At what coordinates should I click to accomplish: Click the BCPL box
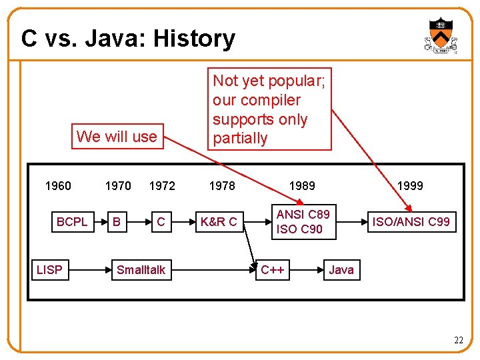71,221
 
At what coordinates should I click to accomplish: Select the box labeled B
117,221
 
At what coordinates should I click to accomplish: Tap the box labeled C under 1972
161,221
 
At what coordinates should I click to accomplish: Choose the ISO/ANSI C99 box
411,221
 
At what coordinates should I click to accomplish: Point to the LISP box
49,270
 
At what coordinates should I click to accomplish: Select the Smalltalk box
141,270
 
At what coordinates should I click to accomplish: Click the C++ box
273,270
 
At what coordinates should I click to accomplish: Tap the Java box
341,270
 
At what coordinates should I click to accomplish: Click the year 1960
57,186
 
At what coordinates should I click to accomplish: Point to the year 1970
118,186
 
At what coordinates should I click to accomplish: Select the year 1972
162,186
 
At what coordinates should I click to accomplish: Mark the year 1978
222,186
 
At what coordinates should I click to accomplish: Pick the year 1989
302,186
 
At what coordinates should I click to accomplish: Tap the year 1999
410,186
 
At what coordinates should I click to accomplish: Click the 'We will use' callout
117,137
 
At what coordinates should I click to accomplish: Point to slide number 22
458,341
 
